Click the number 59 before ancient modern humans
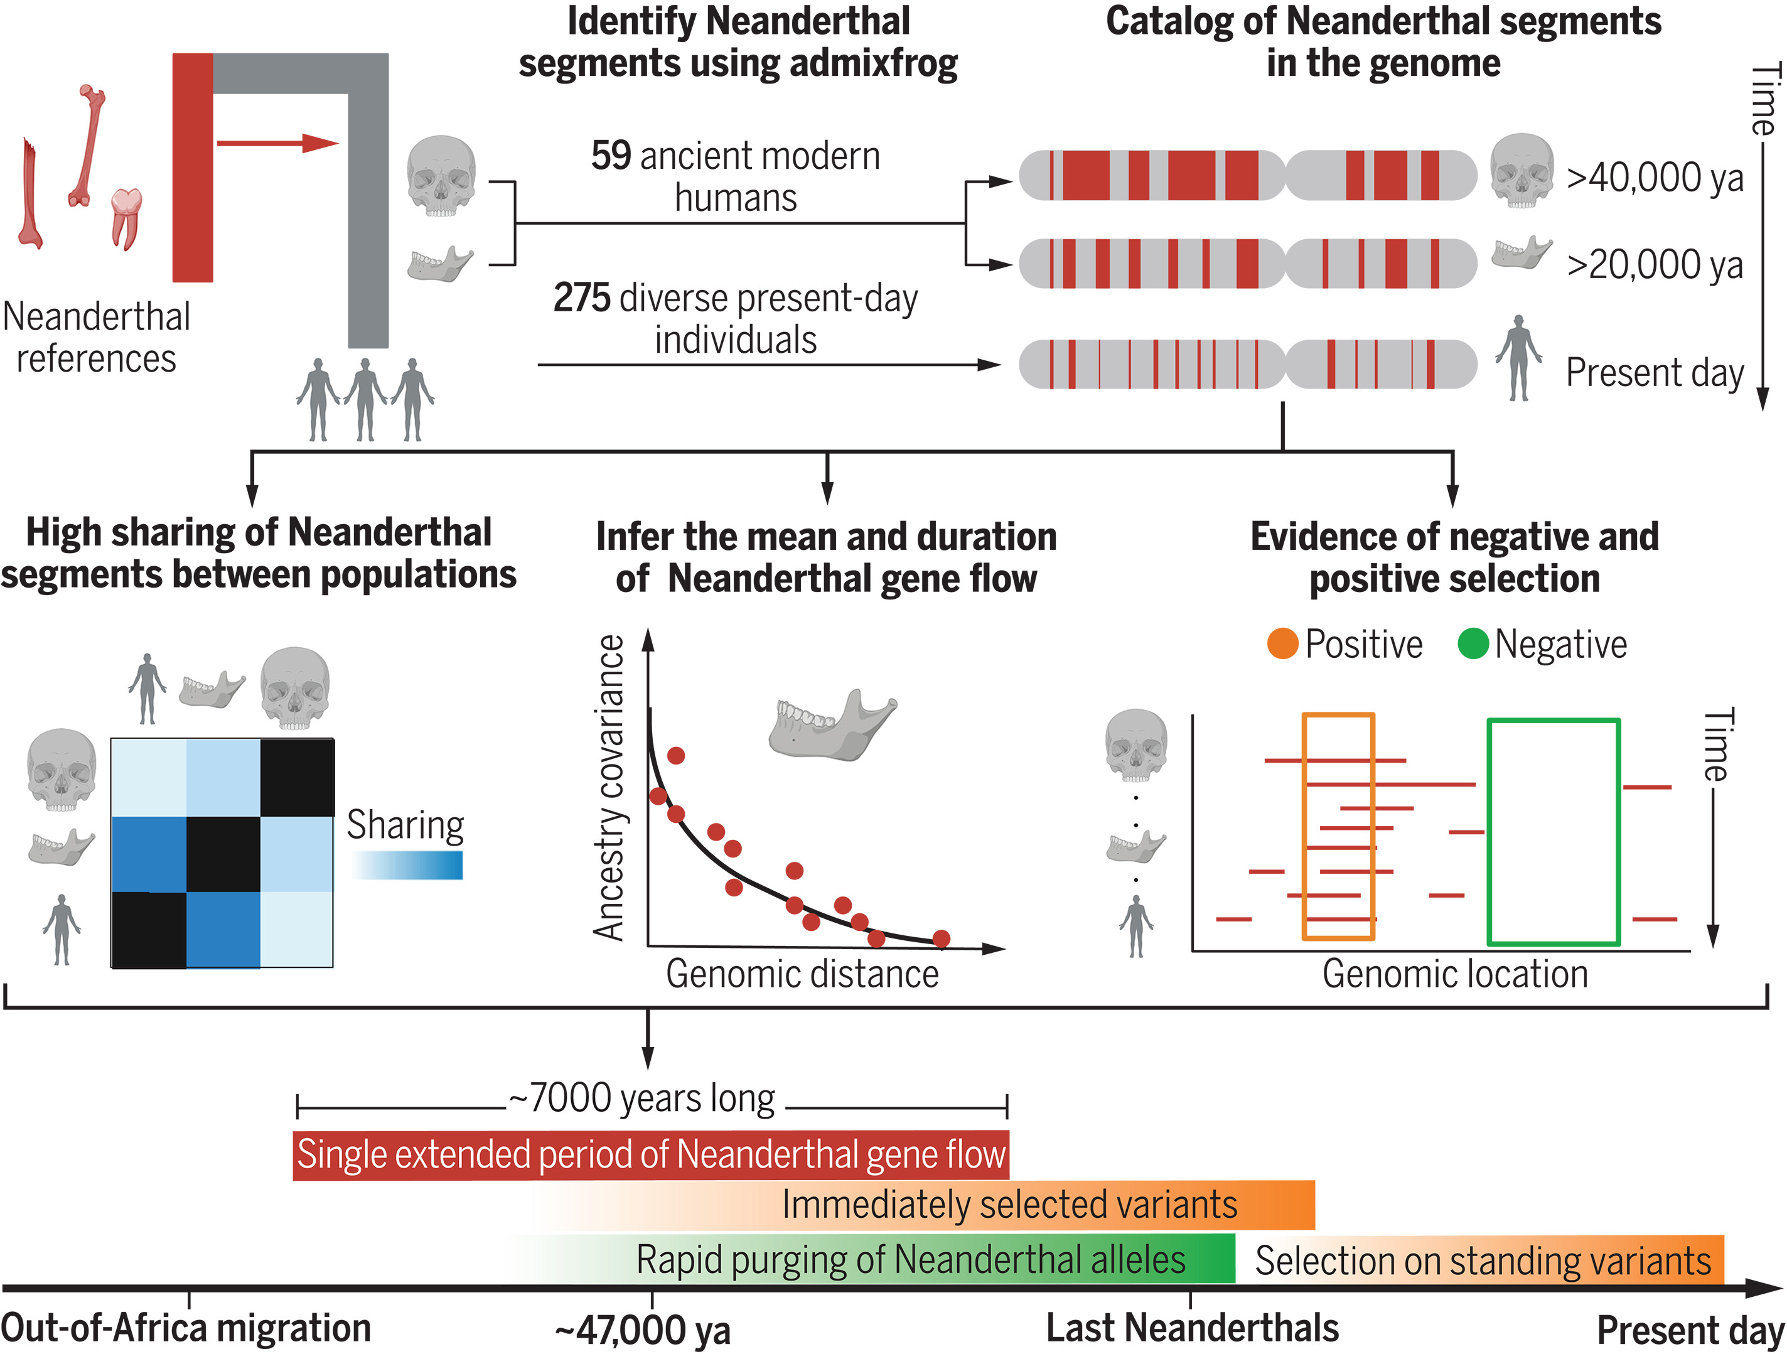pyautogui.click(x=610, y=156)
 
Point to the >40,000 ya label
pyautogui.click(x=1654, y=178)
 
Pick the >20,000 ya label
pyautogui.click(x=1654, y=265)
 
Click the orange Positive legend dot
pyautogui.click(x=1282, y=645)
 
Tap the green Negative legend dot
pyautogui.click(x=1473, y=645)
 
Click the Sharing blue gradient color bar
pyautogui.click(x=408, y=865)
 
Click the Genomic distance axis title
pyautogui.click(x=802, y=974)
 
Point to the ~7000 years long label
pyautogui.click(x=642, y=1099)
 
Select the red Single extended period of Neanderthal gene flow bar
pyautogui.click(x=650, y=1154)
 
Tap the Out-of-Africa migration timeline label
pyautogui.click(x=186, y=1328)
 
